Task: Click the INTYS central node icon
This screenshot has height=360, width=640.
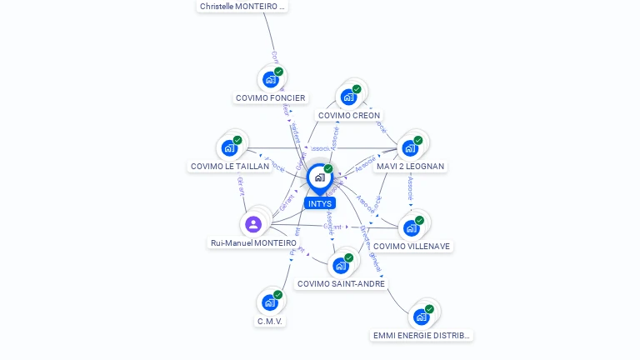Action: [x=319, y=177]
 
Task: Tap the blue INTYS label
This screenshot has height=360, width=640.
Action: [x=319, y=203]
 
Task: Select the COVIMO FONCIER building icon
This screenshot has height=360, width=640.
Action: [x=269, y=79]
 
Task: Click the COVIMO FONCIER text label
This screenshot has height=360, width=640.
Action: [x=271, y=98]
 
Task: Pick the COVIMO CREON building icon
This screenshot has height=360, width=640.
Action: [x=348, y=97]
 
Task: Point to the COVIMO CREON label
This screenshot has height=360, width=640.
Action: [x=349, y=116]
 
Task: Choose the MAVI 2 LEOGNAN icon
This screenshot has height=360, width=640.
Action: [x=410, y=148]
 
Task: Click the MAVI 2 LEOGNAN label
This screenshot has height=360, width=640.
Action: [x=411, y=167]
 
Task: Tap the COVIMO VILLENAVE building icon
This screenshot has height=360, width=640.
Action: [x=411, y=227]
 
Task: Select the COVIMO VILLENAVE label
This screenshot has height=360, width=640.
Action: [x=412, y=247]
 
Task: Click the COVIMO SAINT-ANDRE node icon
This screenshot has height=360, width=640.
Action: [x=340, y=266]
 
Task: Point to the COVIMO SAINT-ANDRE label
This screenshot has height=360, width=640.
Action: [x=342, y=284]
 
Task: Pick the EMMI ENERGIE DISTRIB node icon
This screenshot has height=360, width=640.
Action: [x=421, y=317]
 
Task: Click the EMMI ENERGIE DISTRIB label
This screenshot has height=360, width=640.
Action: [x=422, y=336]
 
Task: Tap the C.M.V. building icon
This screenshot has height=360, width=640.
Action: [x=269, y=302]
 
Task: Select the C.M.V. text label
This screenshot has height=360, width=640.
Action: [x=270, y=321]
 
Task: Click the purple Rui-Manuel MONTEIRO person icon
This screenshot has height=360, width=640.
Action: [x=253, y=224]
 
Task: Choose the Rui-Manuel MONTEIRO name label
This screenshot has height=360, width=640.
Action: [x=253, y=243]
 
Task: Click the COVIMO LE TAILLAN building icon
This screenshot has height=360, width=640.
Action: [x=229, y=148]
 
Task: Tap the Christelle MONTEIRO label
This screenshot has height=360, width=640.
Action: [x=242, y=6]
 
